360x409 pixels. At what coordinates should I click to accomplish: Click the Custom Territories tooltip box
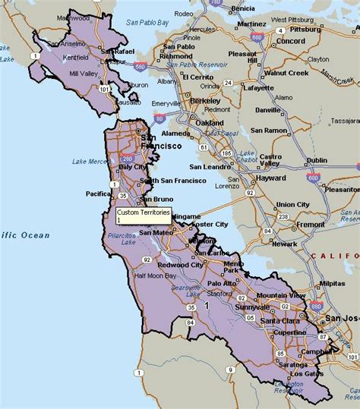pos(144,216)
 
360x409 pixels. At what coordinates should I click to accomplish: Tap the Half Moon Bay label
pos(156,275)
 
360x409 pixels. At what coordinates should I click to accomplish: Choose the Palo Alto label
pos(223,283)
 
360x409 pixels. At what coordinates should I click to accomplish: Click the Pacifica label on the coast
pos(99,193)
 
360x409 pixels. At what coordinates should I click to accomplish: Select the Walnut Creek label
pos(286,73)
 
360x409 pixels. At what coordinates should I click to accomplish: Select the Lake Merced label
pos(97,161)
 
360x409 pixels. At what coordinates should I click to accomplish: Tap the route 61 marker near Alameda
pos(204,146)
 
